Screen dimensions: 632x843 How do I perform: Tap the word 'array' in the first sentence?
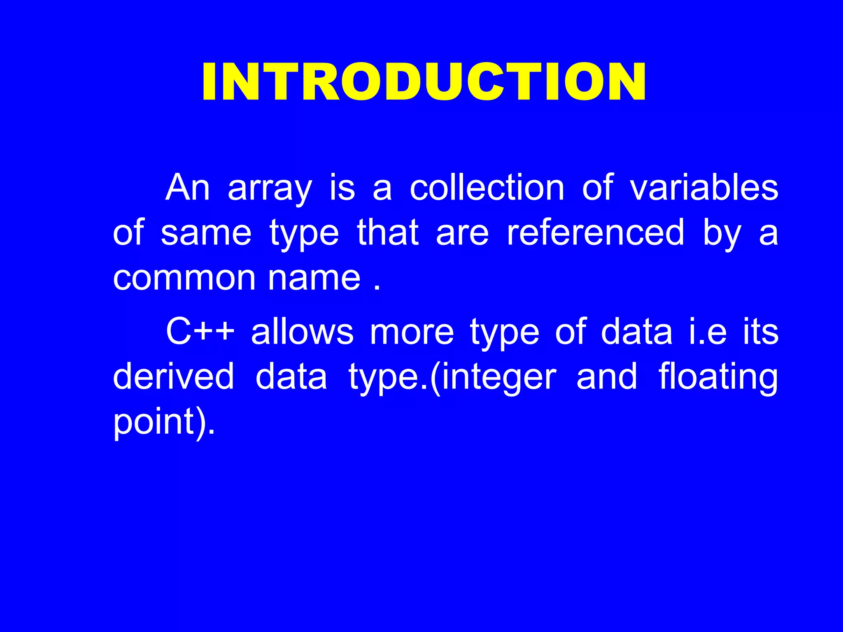tap(270, 188)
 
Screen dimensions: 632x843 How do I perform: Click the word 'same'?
tap(206, 233)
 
